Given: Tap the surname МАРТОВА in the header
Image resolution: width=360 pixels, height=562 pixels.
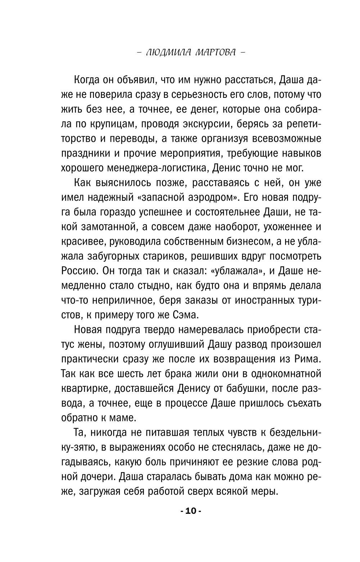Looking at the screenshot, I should (215, 52).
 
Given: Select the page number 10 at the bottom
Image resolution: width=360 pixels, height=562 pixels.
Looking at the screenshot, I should (191, 511).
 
